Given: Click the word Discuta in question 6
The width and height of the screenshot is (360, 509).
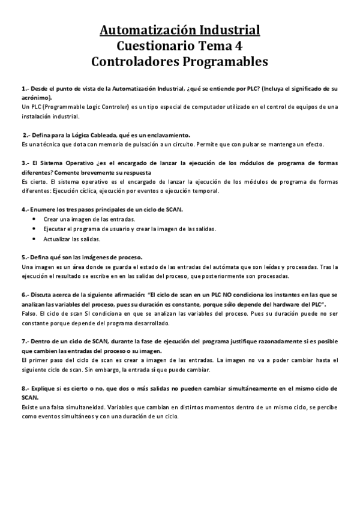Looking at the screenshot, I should [43, 295].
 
